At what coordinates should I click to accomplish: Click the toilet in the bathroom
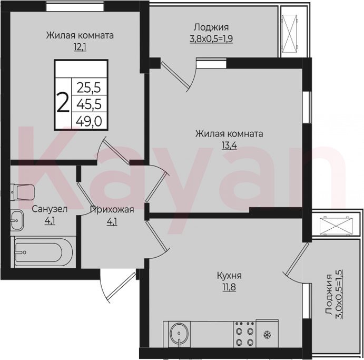[23, 192]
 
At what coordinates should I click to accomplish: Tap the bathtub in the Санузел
[43, 252]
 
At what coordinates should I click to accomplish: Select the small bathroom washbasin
[17, 220]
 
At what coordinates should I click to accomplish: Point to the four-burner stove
[244, 334]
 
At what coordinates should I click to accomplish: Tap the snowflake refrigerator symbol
[267, 335]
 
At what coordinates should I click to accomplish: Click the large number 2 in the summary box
[63, 102]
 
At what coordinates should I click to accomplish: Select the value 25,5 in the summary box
[89, 88]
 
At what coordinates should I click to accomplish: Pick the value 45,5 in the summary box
[89, 104]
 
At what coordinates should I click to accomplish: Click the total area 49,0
[89, 121]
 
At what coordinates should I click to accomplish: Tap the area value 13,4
[229, 145]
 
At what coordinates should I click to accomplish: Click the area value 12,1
[80, 47]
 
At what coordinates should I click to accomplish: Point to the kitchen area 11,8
[229, 287]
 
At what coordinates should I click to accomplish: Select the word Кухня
[229, 276]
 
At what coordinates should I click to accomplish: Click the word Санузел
[50, 209]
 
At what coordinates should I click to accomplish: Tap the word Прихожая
[112, 210]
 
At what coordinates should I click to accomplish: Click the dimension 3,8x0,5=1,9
[211, 39]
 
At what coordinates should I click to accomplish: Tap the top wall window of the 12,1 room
[75, 6]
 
